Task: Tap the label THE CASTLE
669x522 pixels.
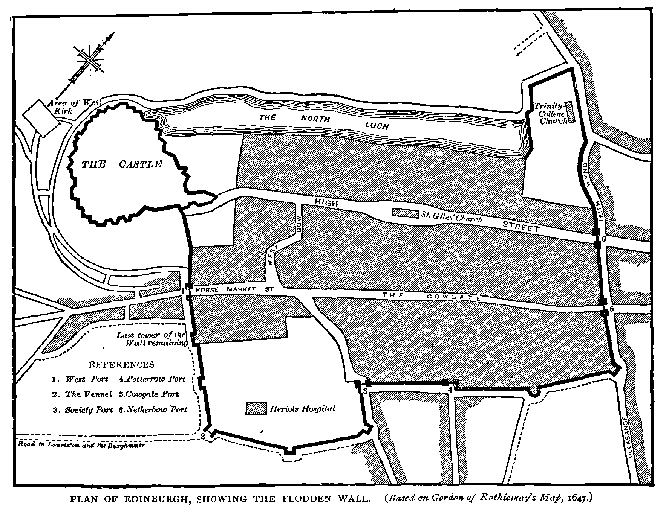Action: (x=122, y=164)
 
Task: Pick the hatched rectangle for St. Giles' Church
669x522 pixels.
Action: (x=405, y=213)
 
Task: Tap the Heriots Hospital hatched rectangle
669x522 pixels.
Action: (x=256, y=408)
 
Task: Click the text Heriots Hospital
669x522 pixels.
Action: (x=303, y=409)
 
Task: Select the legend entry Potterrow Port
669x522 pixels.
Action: (x=152, y=379)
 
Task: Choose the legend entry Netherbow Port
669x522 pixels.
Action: (x=153, y=409)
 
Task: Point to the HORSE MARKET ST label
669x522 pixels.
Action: (x=230, y=289)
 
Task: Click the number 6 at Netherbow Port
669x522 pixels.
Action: (x=603, y=239)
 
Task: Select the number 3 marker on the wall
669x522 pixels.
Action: (x=365, y=391)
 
